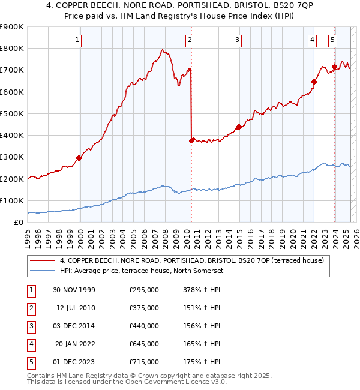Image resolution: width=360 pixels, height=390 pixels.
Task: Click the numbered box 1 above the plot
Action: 78,40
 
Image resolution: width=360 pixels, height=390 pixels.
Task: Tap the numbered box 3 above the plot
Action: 238,40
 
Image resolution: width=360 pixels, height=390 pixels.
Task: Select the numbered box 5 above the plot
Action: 332,40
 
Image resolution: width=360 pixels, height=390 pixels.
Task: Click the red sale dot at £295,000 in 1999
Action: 79,158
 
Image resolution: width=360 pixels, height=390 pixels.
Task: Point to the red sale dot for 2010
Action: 191,140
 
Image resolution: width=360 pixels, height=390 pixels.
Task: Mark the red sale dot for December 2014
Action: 239,127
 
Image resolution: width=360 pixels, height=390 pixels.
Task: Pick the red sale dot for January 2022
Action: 314,82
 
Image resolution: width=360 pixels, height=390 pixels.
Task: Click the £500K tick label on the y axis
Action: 12,113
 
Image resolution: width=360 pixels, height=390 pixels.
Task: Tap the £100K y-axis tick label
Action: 12,200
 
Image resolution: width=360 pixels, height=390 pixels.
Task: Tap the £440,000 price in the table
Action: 144,326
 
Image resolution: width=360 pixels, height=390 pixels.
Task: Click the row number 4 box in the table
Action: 30,344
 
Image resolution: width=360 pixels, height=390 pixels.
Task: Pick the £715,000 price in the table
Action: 144,362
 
